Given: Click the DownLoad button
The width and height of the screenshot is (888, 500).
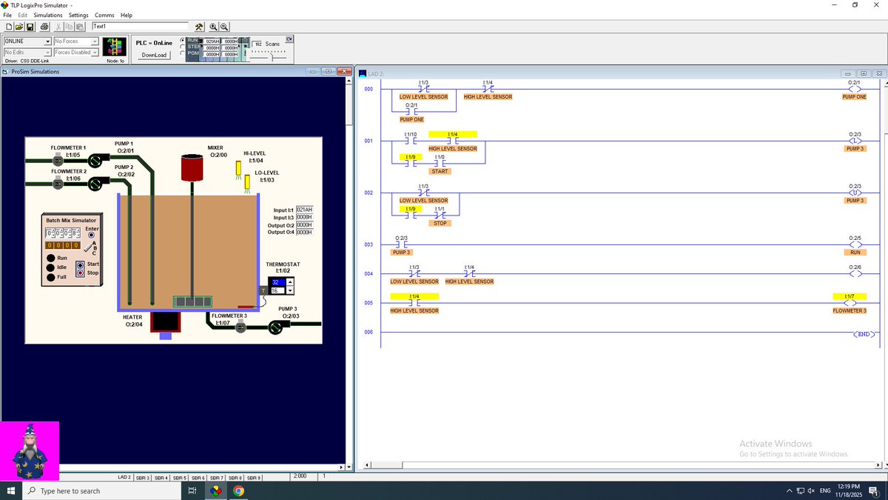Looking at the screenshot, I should tap(154, 55).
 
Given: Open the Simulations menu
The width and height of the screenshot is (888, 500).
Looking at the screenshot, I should tap(48, 15).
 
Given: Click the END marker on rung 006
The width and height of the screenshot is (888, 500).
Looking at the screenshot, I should tap(864, 335).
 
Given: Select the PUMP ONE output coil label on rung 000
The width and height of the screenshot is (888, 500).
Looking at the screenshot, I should tap(854, 97).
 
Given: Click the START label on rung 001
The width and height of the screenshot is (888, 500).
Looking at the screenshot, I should tap(440, 171).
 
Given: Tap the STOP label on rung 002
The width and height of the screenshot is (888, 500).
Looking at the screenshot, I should tap(440, 223).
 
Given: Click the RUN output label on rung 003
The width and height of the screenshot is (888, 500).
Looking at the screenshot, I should tap(854, 253).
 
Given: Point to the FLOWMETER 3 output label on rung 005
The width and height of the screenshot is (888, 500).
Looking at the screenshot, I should tap(849, 310).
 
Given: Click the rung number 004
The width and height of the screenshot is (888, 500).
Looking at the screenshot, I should tap(369, 274).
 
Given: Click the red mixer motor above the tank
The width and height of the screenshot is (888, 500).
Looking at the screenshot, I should tap(193, 167).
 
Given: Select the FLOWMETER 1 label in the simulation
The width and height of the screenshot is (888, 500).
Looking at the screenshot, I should tap(68, 148).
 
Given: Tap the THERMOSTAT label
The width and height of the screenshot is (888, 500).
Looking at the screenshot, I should tap(283, 264).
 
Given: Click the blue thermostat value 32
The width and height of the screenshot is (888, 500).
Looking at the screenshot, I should tap(275, 282).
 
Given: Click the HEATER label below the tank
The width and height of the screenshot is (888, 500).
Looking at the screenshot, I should tap(133, 317).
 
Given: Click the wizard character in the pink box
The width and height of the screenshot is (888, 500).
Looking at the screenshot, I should tap(30, 451).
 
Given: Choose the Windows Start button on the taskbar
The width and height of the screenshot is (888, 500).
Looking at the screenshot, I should tap(11, 490).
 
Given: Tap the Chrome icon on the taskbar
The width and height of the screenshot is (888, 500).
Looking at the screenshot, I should tap(238, 490).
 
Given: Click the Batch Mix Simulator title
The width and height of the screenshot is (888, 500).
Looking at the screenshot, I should tap(71, 220).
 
